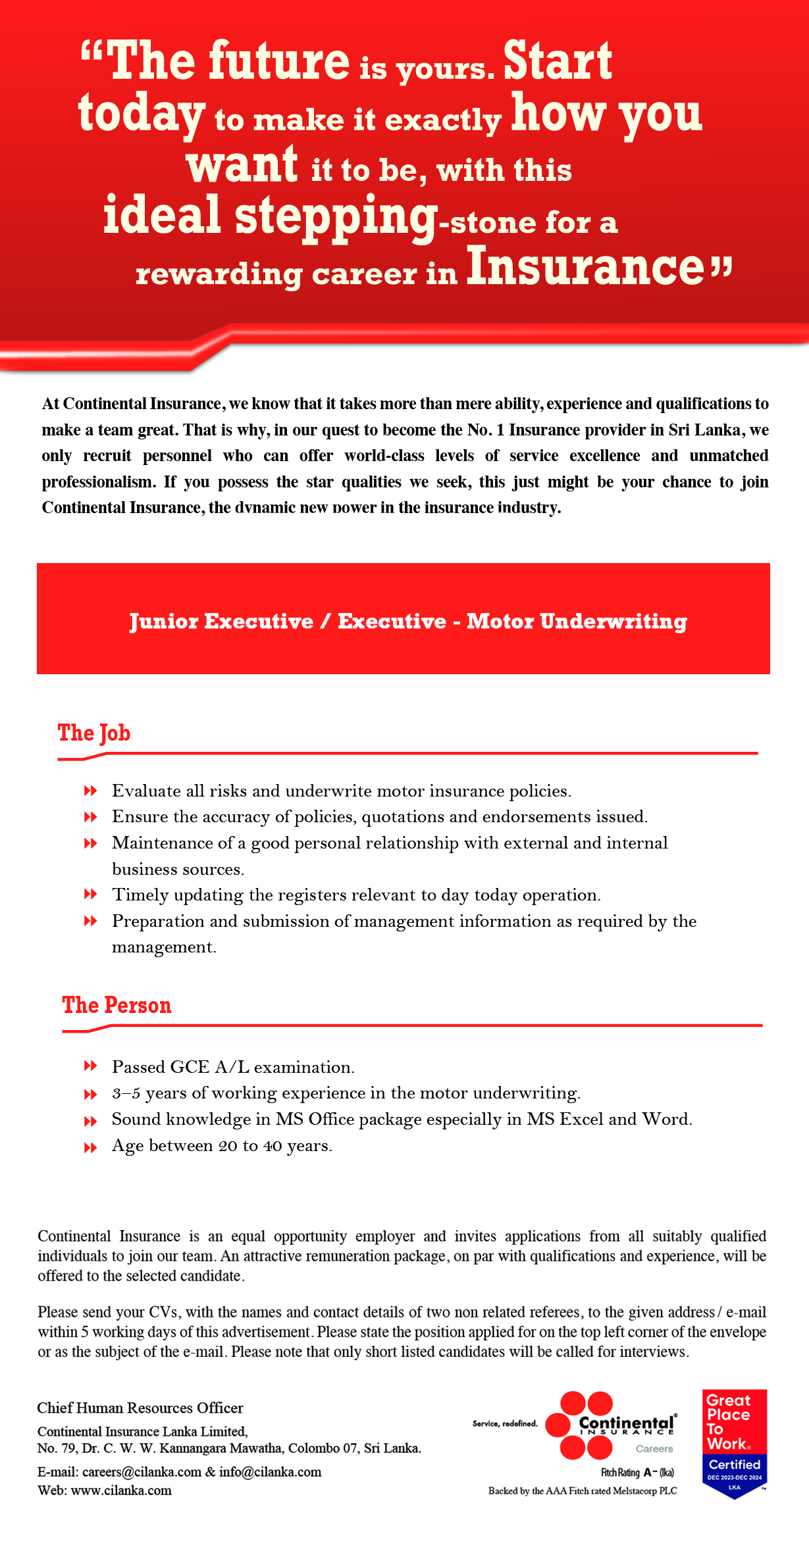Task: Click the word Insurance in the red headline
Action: [586, 266]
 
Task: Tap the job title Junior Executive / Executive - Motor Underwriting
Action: [408, 622]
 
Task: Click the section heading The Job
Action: [93, 733]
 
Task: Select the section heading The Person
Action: [117, 1005]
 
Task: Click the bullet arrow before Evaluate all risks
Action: [90, 791]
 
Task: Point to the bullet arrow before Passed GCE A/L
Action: [90, 1066]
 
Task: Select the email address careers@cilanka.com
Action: [142, 1472]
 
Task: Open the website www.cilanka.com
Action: [121, 1491]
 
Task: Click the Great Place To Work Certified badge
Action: [734, 1443]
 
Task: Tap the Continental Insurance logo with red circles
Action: [609, 1425]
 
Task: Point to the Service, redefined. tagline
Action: [505, 1424]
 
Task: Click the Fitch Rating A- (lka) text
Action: [637, 1472]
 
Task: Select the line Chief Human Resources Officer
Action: [140, 1408]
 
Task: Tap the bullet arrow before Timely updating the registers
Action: [90, 895]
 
